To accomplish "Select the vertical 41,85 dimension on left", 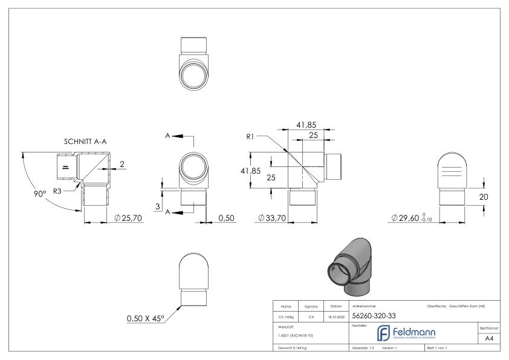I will coord(252,171).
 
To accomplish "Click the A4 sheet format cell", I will coord(490,339).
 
